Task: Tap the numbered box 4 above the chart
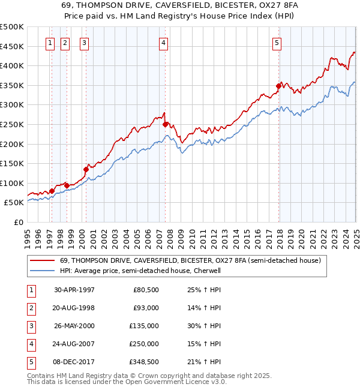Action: tap(163, 43)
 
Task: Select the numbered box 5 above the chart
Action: tap(277, 43)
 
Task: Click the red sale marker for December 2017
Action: tap(278, 86)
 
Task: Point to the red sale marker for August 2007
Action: tap(166, 124)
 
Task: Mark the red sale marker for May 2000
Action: tap(86, 169)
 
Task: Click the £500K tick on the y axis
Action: tap(12, 27)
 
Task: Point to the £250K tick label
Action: tap(12, 124)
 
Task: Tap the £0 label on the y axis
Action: tap(19, 222)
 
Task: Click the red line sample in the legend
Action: tap(42, 261)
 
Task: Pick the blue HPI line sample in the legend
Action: tap(42, 271)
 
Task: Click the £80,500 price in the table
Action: tap(146, 290)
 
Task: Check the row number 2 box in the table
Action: tap(31, 308)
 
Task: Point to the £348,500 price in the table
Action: tap(144, 362)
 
